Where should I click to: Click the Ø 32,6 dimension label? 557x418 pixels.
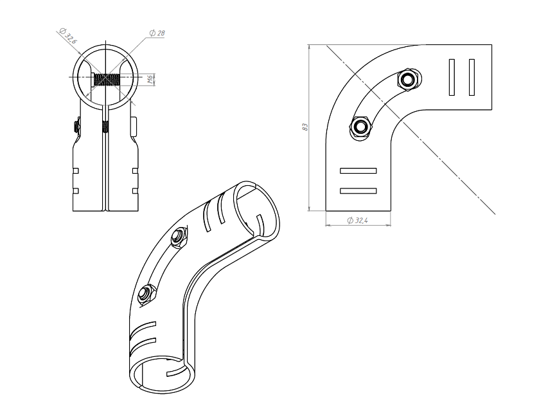tap(69, 35)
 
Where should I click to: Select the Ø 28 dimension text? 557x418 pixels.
tap(155, 33)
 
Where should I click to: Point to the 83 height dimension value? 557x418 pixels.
tap(304, 127)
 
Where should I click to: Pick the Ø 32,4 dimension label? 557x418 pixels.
tap(357, 220)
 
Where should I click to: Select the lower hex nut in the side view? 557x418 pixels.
tap(360, 124)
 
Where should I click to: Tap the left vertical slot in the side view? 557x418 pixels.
tap(453, 77)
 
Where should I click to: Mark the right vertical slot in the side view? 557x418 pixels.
tap(472, 77)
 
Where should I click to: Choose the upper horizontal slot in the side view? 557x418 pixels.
tap(358, 170)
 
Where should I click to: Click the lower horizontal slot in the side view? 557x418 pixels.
tap(358, 190)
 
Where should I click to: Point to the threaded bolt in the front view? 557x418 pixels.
tap(106, 80)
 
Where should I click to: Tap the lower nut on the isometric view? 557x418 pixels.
tap(146, 293)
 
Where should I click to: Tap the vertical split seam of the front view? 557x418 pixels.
tap(106, 167)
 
